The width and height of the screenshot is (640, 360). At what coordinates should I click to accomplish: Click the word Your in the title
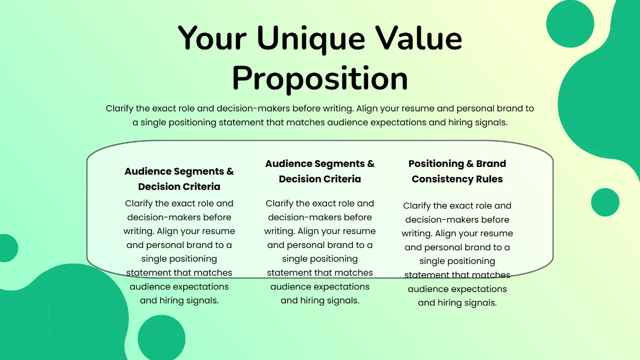(x=212, y=38)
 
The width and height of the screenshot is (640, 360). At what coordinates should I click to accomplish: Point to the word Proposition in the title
(x=320, y=78)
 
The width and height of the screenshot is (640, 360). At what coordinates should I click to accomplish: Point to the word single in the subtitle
(x=155, y=122)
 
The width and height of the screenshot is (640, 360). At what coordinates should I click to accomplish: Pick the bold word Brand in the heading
(x=491, y=164)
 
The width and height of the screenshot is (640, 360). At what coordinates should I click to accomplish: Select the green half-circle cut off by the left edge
(x=7, y=248)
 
